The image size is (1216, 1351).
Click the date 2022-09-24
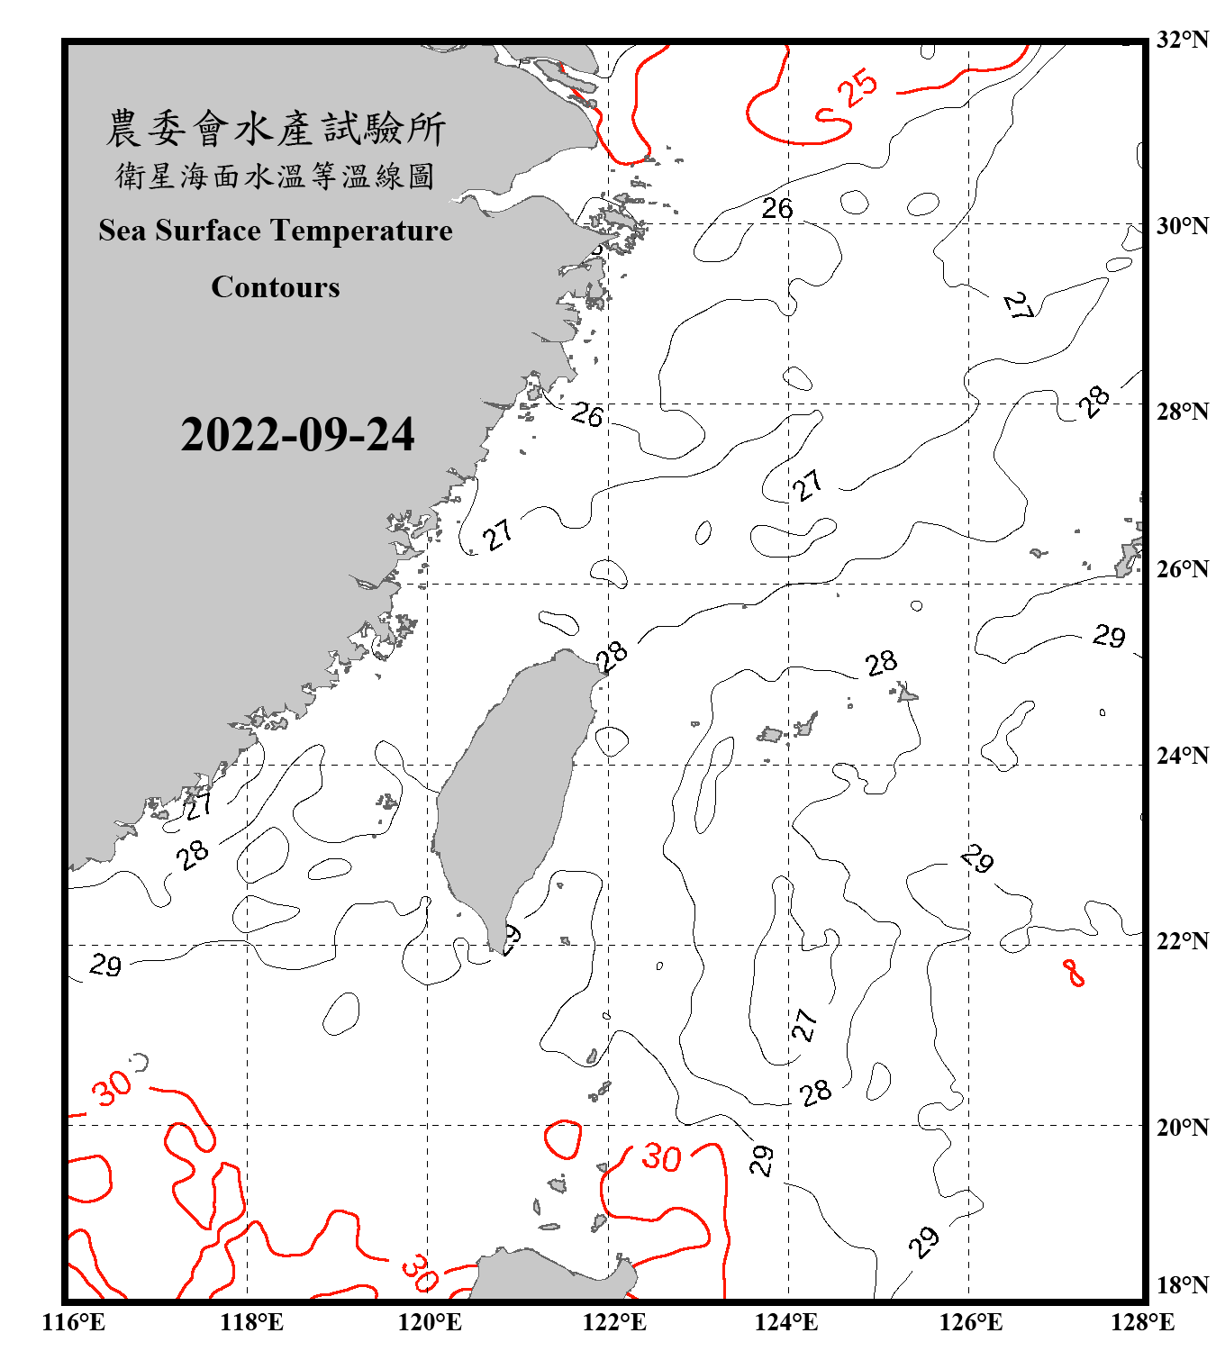click(x=297, y=435)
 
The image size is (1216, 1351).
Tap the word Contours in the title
click(x=276, y=287)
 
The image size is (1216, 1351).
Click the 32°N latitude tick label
click(x=1182, y=40)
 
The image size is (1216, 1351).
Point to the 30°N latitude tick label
click(x=1182, y=226)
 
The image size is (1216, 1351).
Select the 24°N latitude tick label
click(x=1182, y=756)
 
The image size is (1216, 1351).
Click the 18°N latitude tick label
click(x=1182, y=1285)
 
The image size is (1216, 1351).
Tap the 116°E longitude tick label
click(x=74, y=1322)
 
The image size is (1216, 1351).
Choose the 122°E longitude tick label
click(x=614, y=1322)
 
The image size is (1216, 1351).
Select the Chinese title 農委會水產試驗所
click(x=276, y=129)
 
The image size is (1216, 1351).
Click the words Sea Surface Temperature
click(x=276, y=231)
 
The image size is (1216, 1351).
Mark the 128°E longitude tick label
click(x=1142, y=1322)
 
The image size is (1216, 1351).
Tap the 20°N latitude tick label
click(x=1182, y=1127)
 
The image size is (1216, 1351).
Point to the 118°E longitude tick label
click(x=251, y=1322)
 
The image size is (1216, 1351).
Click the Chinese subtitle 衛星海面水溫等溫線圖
click(x=276, y=176)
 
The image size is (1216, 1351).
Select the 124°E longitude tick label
click(x=785, y=1322)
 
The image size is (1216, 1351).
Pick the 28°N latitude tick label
click(x=1182, y=412)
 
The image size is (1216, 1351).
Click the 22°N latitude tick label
click(x=1182, y=941)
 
